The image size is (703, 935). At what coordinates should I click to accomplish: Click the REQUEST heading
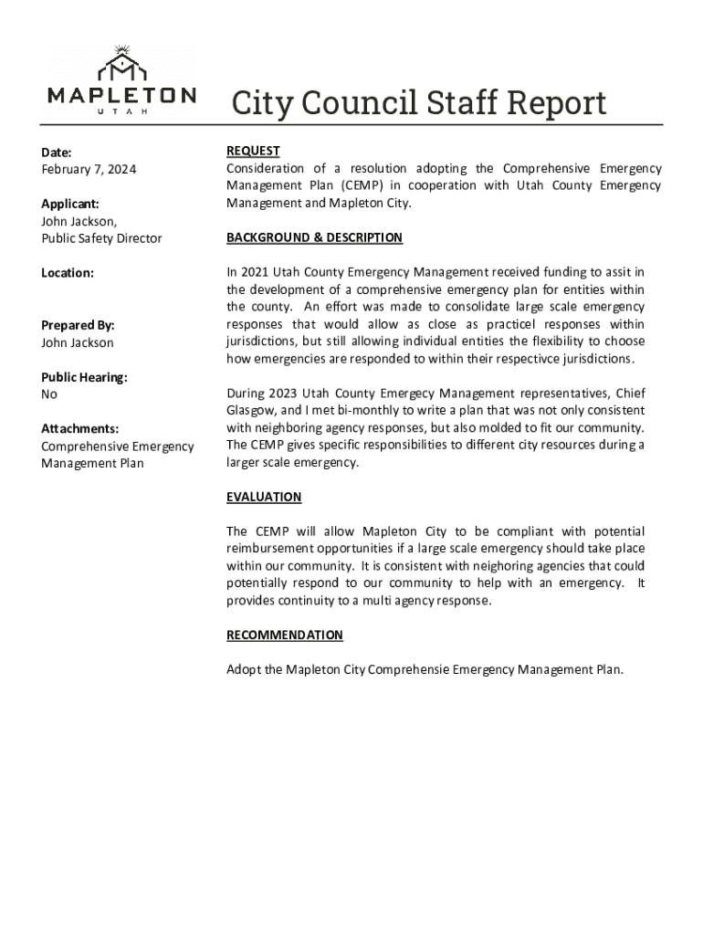253,151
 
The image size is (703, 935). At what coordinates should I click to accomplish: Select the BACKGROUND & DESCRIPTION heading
314,237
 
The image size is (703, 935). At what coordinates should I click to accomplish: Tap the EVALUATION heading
264,497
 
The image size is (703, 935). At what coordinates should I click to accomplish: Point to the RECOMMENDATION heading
285,635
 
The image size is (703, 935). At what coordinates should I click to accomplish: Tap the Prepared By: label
78,325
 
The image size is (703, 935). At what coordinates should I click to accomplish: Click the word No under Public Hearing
49,394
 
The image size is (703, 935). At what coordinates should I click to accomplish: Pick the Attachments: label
79,429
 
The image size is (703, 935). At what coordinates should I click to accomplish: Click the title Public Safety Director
101,238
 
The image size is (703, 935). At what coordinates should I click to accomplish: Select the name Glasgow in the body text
252,411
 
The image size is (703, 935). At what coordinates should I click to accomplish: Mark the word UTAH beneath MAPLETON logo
121,111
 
